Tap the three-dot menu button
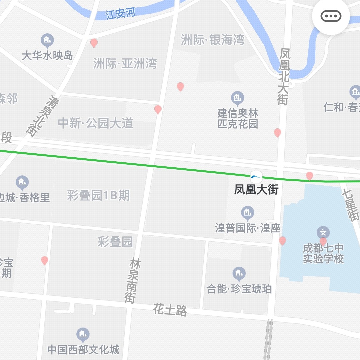pos(331,16)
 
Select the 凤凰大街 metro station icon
pos(256,177)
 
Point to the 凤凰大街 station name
pos(256,190)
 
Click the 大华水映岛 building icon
pos(47,41)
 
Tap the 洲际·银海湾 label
pos(213,40)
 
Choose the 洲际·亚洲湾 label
pos(125,63)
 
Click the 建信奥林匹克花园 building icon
pos(237,98)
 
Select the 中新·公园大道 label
pos(96,123)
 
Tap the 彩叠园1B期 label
pos(98,195)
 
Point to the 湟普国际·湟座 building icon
pos(247,212)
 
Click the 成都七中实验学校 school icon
pos(323,232)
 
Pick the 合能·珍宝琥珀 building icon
pos(239,273)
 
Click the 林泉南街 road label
pos(133,280)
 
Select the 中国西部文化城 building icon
pos(83,334)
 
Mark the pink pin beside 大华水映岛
pos(94,43)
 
